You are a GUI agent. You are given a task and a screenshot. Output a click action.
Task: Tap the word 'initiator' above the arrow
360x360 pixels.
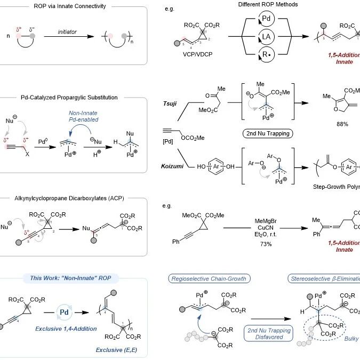tap(74, 33)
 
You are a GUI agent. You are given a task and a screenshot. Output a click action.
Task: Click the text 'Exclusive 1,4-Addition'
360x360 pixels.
tap(70, 329)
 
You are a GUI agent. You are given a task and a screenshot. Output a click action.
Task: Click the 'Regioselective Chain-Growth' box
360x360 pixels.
tap(205, 277)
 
